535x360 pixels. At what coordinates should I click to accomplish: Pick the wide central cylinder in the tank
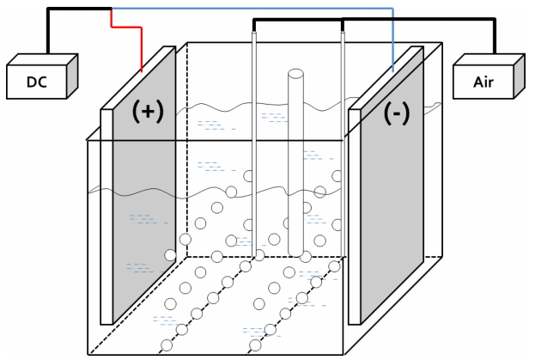(x=296, y=172)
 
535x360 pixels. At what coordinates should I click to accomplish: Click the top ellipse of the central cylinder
(x=296, y=75)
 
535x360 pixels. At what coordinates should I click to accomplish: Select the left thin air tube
(x=253, y=146)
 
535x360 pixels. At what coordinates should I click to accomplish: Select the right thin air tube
(x=343, y=146)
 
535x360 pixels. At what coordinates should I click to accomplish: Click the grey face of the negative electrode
(x=391, y=215)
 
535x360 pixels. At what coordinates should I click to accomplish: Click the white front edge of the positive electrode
(x=106, y=215)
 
